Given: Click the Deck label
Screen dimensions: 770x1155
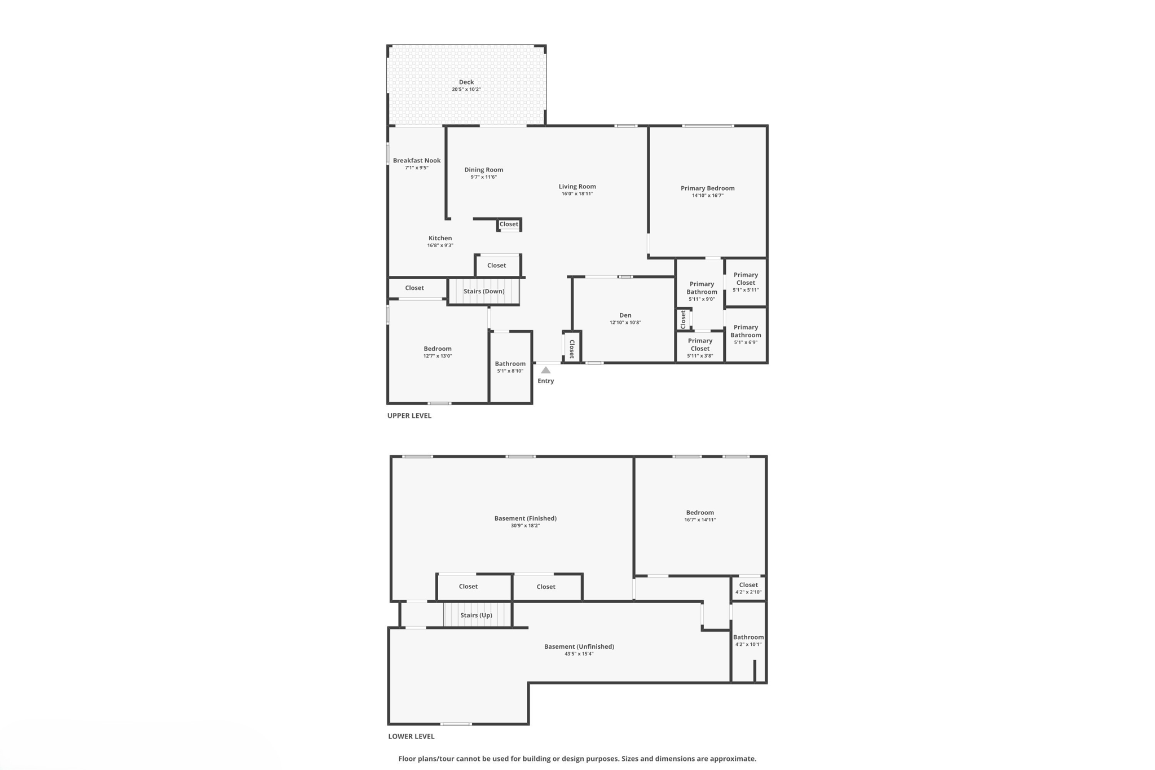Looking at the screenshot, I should tap(466, 82).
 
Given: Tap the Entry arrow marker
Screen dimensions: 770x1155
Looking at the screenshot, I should tap(545, 371).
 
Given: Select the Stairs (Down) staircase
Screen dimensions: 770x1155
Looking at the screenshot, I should tap(483, 291).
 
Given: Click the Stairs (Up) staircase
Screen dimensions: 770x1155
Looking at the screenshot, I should tap(477, 615).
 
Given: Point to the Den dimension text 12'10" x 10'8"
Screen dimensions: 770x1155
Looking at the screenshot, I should tap(625, 323).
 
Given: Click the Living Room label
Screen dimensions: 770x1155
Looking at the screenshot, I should tap(577, 187).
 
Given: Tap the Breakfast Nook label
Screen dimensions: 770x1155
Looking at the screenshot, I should tap(417, 161).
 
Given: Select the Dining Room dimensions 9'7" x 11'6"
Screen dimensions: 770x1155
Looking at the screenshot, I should tap(483, 177).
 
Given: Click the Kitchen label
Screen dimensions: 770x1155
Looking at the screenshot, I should tap(440, 238).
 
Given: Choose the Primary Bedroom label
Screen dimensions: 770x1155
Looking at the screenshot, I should tap(707, 188).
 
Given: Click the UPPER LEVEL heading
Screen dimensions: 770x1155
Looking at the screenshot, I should tap(409, 416).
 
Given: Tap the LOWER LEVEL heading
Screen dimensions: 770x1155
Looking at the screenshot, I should tap(411, 736).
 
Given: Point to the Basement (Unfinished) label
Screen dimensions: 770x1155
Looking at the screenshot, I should tap(579, 646).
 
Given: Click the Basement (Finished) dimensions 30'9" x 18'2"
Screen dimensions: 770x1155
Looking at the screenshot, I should tap(525, 526).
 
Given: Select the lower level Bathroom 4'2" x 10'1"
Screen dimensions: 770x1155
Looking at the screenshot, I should tap(748, 640).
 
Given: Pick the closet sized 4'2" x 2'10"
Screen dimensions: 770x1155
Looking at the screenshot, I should tap(748, 588).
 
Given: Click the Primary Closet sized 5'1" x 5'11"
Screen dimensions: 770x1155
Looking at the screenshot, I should tap(746, 282).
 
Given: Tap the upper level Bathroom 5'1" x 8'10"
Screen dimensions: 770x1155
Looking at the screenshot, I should tap(510, 367).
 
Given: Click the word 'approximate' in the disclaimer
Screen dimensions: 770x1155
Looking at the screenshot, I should tap(733, 759).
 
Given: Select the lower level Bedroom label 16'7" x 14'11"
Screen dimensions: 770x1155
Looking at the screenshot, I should tap(700, 516).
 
